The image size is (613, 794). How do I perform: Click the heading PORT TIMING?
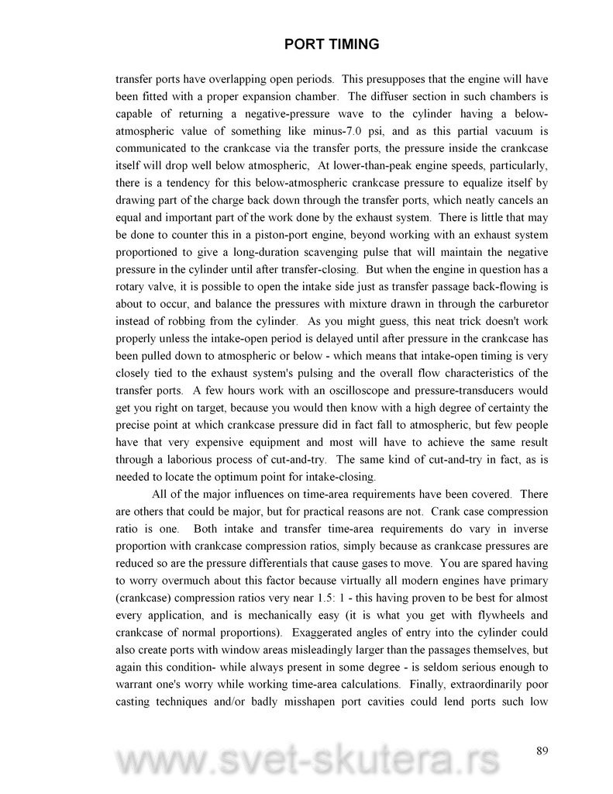click(332, 44)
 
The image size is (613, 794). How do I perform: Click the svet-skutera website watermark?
click(306, 763)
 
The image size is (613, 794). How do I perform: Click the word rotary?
click(132, 288)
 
